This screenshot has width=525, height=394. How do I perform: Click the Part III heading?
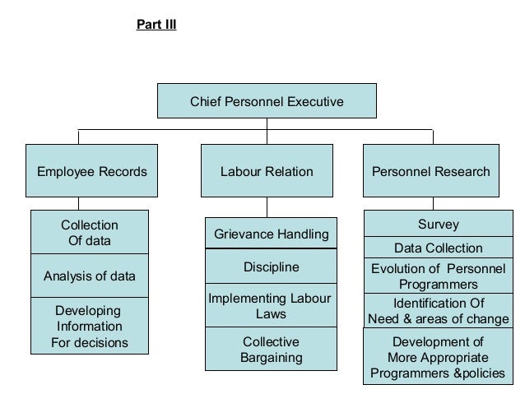156,24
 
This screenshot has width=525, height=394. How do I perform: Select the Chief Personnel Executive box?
267,103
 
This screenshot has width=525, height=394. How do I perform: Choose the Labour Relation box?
267,172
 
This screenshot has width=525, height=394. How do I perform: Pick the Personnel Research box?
431,172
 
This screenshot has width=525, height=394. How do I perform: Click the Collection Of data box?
90,233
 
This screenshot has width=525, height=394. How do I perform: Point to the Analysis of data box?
90,276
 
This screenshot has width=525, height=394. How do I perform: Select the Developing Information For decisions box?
90,327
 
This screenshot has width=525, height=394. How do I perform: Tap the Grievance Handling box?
271,234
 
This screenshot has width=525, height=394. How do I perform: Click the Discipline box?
271,267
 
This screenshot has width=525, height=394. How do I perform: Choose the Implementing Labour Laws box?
271,306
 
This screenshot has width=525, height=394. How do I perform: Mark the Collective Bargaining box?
271,349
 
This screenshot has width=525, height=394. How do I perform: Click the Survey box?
438,225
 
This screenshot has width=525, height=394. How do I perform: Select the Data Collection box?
438,248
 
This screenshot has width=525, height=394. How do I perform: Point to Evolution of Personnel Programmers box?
438,276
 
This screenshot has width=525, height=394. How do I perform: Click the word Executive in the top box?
314,103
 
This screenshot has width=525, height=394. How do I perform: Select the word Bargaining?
271,358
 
